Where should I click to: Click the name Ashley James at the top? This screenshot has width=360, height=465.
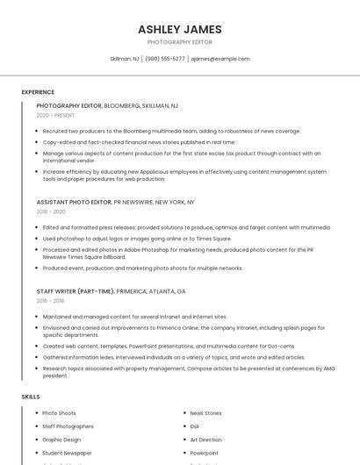(x=179, y=29)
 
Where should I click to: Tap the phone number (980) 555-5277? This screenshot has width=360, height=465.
(x=165, y=59)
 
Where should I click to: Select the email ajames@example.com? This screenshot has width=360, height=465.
(x=220, y=59)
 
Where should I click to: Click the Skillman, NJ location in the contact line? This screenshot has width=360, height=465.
(x=124, y=59)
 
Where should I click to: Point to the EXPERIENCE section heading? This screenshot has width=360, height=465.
(x=38, y=92)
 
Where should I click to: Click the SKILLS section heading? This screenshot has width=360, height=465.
(x=31, y=397)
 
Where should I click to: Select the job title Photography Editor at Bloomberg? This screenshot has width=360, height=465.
(x=69, y=105)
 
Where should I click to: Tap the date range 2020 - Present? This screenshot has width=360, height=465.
(x=55, y=115)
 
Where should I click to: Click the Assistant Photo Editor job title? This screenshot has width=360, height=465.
(x=74, y=202)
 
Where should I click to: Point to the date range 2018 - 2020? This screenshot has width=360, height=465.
(x=51, y=211)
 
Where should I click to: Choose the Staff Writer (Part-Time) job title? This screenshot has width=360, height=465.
(x=76, y=291)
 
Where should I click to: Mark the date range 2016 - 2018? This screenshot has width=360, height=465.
(x=51, y=301)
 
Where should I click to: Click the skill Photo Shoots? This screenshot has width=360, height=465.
(x=59, y=413)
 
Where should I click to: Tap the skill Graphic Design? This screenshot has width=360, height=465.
(x=61, y=440)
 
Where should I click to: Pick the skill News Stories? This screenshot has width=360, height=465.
(x=205, y=413)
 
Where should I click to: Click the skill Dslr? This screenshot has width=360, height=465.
(x=195, y=426)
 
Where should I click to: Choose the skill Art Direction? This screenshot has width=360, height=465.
(x=205, y=440)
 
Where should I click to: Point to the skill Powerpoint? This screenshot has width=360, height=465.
(x=204, y=453)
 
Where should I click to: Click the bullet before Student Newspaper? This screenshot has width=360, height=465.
(x=36, y=453)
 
